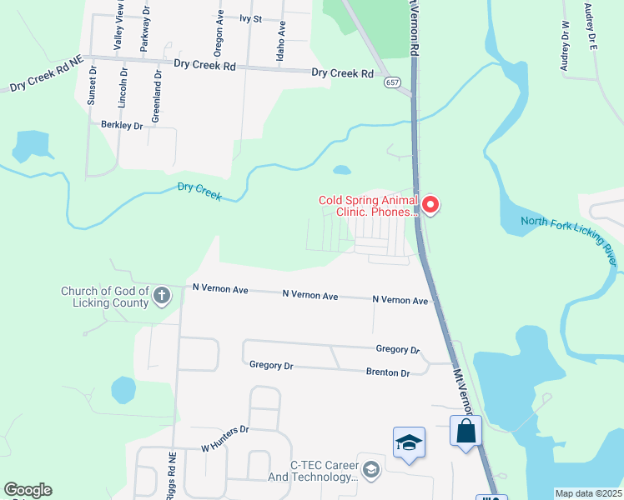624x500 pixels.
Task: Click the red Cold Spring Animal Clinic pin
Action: tap(430, 204)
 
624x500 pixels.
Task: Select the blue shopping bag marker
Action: tap(466, 432)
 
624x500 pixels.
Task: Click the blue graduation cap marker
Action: tap(409, 442)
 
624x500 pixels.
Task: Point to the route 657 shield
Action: tap(391, 82)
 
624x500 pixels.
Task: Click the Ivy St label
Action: tap(250, 17)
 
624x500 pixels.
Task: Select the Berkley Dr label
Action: tap(122, 125)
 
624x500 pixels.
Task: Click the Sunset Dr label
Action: tap(92, 86)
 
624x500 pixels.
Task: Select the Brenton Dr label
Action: tap(388, 372)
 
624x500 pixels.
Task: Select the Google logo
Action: tap(28, 490)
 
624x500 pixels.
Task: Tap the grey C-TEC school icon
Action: tap(371, 472)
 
